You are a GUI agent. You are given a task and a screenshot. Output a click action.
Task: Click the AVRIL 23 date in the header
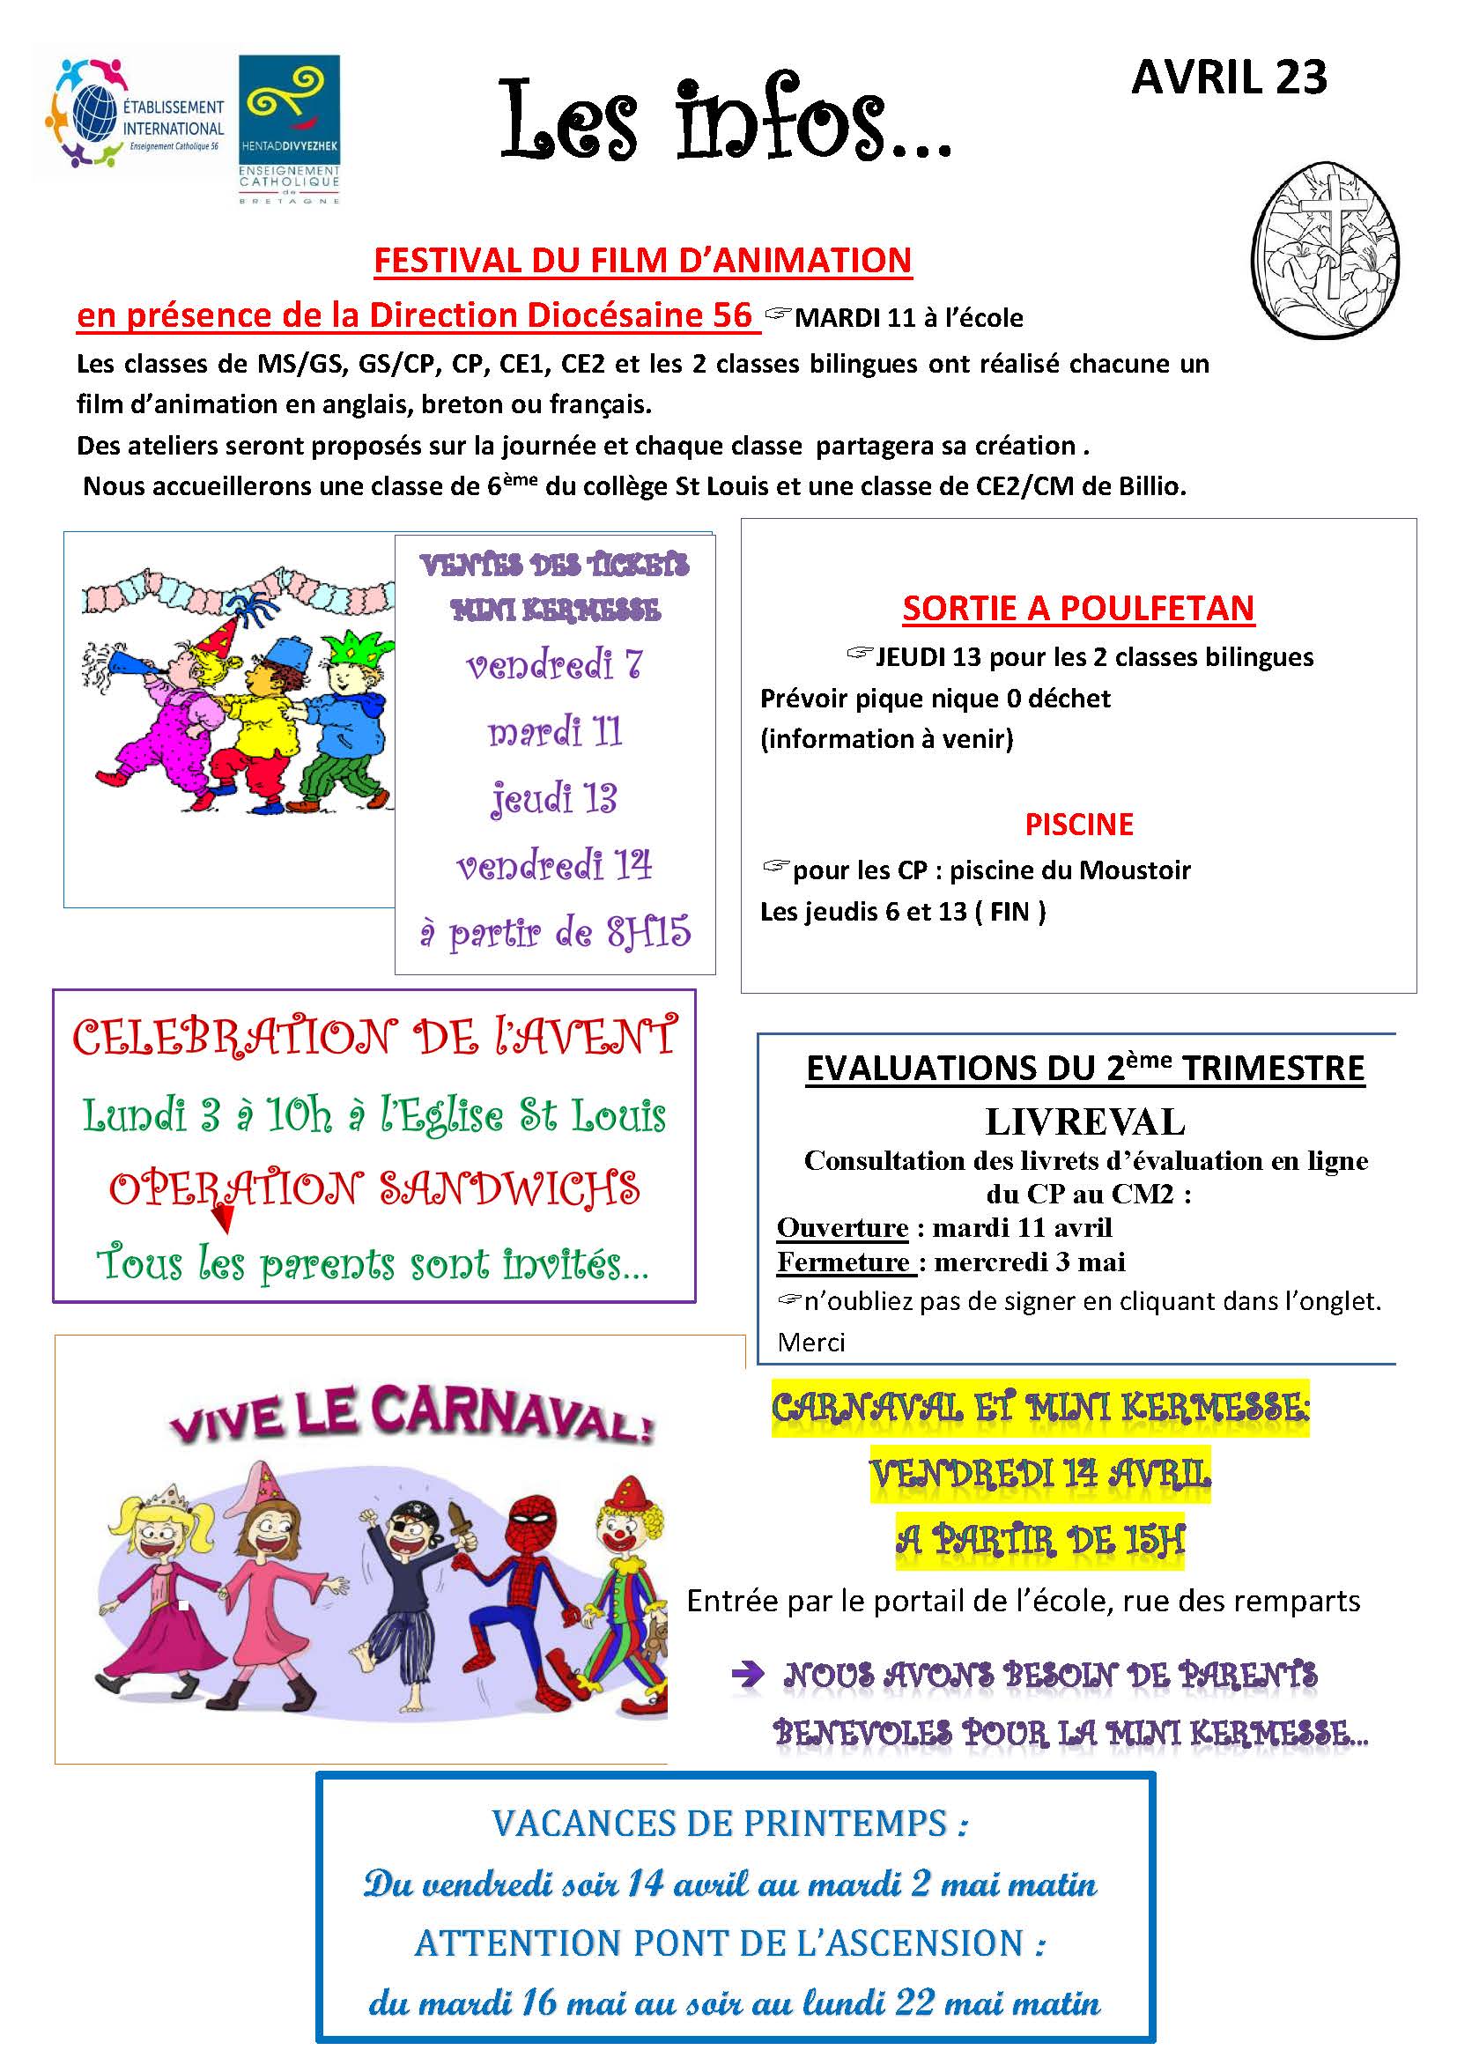tap(1228, 78)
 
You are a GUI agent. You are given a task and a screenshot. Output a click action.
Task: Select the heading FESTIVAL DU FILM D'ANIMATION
tap(642, 261)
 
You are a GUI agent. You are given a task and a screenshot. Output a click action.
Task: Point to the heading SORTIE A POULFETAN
tap(1077, 608)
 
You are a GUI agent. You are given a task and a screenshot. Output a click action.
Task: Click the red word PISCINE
tap(1078, 824)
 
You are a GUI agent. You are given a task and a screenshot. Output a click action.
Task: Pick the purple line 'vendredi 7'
tap(553, 665)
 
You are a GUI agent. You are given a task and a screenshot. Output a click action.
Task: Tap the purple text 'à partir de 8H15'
tap(555, 933)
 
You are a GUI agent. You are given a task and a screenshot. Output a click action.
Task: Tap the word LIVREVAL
tap(1084, 1121)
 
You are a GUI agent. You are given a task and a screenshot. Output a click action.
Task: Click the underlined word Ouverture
tap(841, 1227)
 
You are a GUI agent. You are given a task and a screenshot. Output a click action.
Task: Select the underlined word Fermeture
tap(843, 1262)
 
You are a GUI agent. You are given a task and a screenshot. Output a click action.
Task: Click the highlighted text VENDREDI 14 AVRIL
tap(1039, 1472)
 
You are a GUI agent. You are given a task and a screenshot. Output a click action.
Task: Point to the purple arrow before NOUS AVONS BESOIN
tap(747, 1674)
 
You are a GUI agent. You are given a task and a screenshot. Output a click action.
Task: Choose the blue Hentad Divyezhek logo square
tap(289, 106)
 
